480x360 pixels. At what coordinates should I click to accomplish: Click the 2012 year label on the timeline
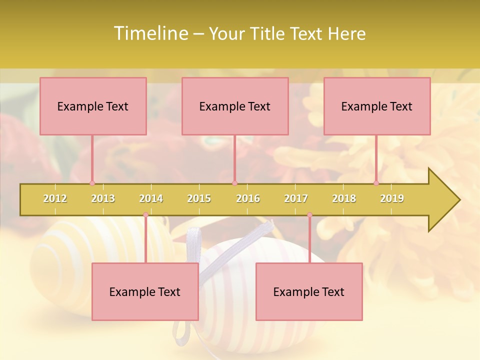pyautogui.click(x=55, y=198)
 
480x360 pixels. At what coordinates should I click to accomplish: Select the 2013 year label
pyautogui.click(x=103, y=198)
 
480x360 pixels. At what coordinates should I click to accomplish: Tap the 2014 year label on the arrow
pyautogui.click(x=151, y=198)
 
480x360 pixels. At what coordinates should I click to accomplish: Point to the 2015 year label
pyautogui.click(x=199, y=198)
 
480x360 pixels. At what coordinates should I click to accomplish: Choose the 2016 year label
pyautogui.click(x=248, y=198)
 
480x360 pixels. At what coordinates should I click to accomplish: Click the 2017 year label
pyautogui.click(x=296, y=198)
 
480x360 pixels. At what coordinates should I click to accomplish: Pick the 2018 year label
pyautogui.click(x=344, y=198)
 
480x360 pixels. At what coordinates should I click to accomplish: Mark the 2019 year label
pyautogui.click(x=392, y=198)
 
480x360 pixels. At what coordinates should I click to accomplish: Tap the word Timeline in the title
pyautogui.click(x=149, y=33)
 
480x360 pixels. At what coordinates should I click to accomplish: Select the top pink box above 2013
pyautogui.click(x=93, y=106)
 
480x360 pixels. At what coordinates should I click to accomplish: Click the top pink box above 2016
pyautogui.click(x=235, y=106)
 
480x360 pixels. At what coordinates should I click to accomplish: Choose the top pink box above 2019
pyautogui.click(x=377, y=106)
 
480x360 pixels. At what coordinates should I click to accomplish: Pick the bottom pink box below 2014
pyautogui.click(x=145, y=291)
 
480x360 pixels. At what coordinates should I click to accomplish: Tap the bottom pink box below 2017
pyautogui.click(x=309, y=291)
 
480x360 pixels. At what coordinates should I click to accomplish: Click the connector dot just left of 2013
pyautogui.click(x=92, y=183)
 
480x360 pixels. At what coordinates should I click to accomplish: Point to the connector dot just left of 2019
pyautogui.click(x=376, y=183)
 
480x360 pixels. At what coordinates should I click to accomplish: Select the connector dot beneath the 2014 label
pyautogui.click(x=145, y=214)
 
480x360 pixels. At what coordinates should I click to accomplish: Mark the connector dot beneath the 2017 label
pyautogui.click(x=309, y=214)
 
